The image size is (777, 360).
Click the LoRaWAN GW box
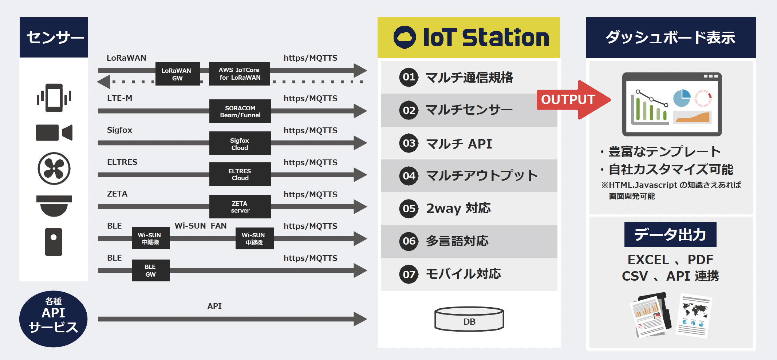tap(177, 74)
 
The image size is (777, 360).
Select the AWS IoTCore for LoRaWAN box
tap(239, 74)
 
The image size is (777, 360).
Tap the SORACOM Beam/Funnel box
tap(240, 111)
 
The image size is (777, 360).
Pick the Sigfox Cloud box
tap(240, 144)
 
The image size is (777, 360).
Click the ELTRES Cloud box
tap(240, 174)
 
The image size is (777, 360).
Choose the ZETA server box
tap(240, 207)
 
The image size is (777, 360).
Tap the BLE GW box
tap(150, 270)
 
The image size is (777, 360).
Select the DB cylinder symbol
tap(469, 319)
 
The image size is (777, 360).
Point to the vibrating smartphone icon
tap(54, 98)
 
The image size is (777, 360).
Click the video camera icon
tap(54, 132)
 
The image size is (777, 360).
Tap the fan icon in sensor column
tap(54, 169)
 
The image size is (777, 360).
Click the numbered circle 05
tap(409, 209)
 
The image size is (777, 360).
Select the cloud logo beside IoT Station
tap(404, 37)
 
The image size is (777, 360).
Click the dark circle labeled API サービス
tap(53, 319)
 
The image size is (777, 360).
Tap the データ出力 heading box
tap(670, 235)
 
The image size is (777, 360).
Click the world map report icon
tap(694, 316)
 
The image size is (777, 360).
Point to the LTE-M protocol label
tap(119, 98)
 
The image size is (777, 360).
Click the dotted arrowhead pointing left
tap(104, 82)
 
